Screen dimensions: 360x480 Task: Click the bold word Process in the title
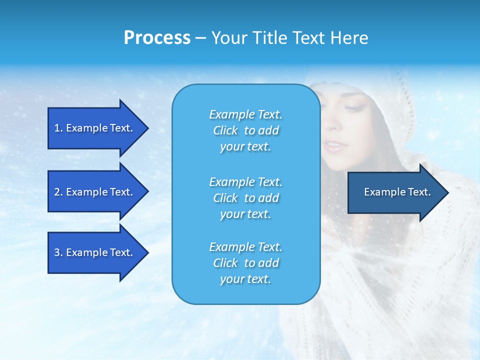tap(157, 38)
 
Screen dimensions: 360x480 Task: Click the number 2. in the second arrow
tap(58, 192)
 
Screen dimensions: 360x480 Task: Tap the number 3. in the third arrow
tap(58, 252)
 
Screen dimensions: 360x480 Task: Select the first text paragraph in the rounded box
tap(245, 130)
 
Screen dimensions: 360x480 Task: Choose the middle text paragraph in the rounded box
tap(245, 198)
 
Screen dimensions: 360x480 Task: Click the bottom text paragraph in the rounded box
tap(245, 263)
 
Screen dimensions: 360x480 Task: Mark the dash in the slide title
tap(200, 38)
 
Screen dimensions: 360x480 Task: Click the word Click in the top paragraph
tap(225, 130)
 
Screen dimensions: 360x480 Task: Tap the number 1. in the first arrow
tap(58, 128)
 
